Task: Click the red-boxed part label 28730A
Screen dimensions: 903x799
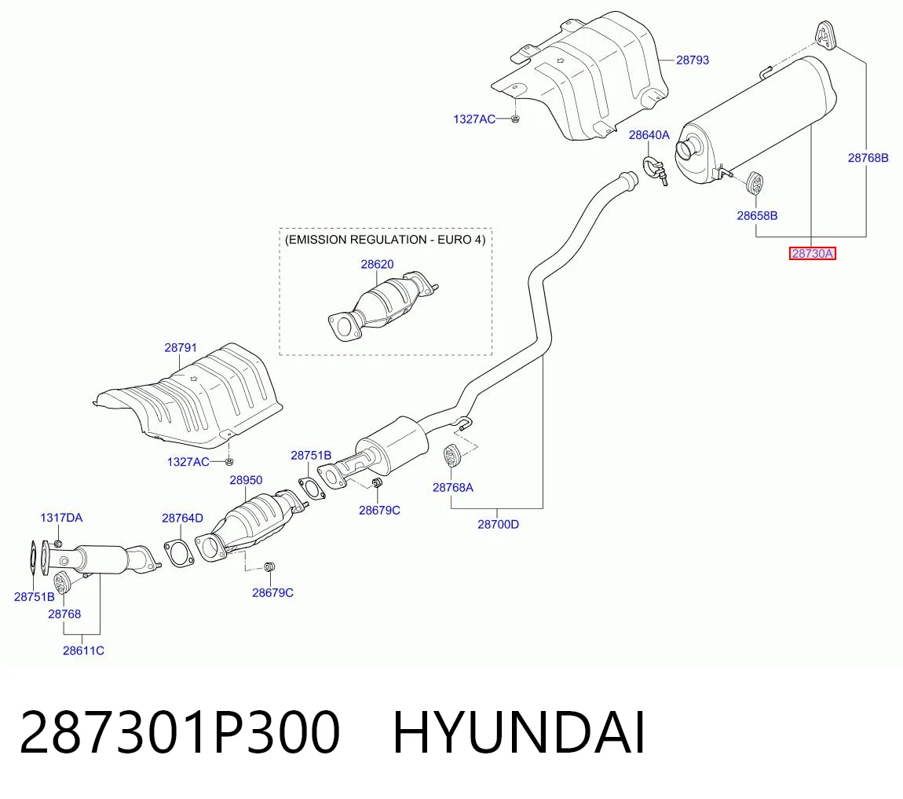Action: point(812,254)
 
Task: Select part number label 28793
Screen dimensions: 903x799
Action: point(693,60)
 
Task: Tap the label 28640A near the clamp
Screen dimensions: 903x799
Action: point(649,135)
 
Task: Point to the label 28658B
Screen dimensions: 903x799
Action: point(757,215)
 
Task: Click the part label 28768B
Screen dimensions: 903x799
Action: point(868,157)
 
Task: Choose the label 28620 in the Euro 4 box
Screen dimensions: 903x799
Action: point(377,264)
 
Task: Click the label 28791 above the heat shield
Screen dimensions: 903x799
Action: point(181,347)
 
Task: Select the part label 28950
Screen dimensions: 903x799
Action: point(246,480)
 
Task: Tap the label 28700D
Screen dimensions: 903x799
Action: point(498,524)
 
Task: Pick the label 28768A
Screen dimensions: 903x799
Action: point(452,487)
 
